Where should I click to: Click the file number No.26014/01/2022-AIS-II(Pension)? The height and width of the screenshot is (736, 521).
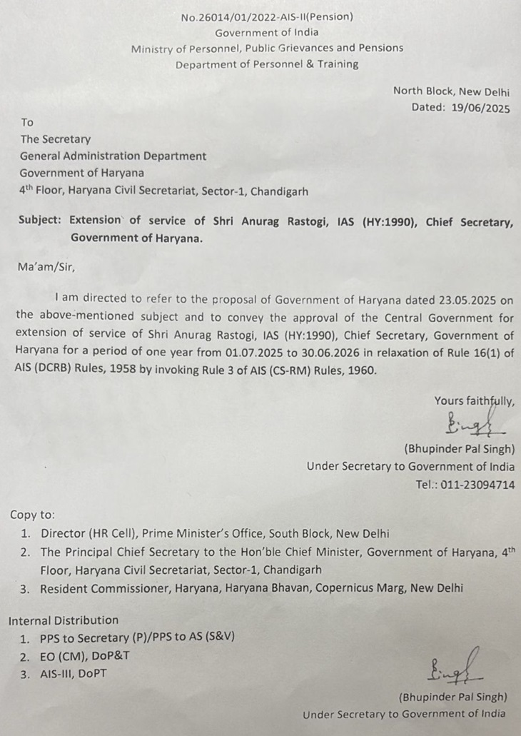(266, 16)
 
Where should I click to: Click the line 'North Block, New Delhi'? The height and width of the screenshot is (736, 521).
(451, 91)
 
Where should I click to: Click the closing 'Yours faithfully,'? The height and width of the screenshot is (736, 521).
(474, 401)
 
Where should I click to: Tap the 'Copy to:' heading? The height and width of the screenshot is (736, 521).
(32, 515)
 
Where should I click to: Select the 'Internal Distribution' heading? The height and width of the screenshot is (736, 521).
(64, 620)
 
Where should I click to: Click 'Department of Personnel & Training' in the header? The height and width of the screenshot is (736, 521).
(267, 64)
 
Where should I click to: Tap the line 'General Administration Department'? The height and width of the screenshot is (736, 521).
(113, 156)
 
